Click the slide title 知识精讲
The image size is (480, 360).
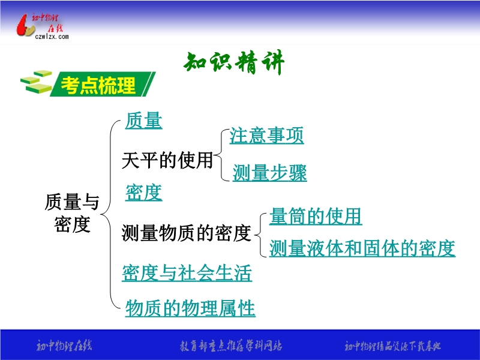[234, 62]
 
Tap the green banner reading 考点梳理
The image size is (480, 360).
[102, 84]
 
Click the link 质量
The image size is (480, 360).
[143, 121]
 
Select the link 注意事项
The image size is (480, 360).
[266, 136]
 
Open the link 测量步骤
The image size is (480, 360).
[269, 173]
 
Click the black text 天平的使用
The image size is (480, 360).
[167, 160]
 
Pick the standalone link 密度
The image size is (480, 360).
[143, 193]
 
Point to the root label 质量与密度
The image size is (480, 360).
[72, 213]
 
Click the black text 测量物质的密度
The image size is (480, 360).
[186, 233]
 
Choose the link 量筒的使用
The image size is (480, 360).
[316, 217]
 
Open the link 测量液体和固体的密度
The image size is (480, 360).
[362, 248]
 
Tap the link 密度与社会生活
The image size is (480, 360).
[187, 273]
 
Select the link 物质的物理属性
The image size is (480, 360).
[190, 308]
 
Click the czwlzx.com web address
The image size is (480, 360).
[52, 37]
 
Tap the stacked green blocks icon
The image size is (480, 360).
[36, 82]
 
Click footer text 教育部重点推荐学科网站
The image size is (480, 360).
[231, 346]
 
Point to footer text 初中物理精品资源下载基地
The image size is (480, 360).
[393, 346]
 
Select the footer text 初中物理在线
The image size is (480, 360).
[64, 346]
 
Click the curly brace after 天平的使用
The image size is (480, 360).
[221, 155]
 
